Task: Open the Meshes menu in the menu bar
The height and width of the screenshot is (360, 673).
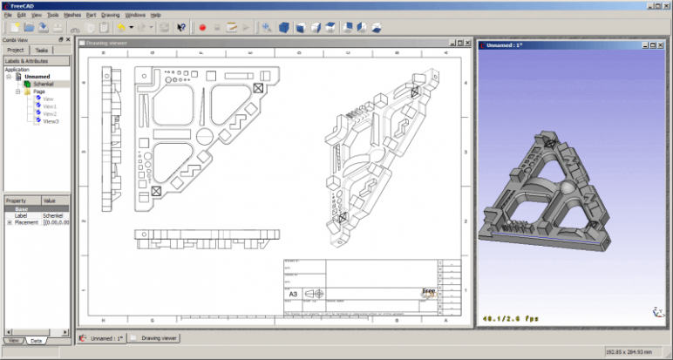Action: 72,15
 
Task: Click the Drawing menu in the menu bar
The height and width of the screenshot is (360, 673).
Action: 110,15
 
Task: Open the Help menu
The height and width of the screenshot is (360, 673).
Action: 156,15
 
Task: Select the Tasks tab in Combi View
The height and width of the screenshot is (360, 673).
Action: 42,51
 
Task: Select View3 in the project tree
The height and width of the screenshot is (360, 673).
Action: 50,121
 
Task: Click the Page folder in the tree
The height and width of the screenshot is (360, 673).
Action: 38,92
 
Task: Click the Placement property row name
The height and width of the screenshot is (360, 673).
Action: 27,222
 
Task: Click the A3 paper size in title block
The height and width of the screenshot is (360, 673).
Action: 295,295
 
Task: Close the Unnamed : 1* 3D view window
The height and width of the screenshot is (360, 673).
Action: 664,43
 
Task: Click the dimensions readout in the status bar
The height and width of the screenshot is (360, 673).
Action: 632,352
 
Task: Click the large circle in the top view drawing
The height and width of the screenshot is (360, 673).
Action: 201,134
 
